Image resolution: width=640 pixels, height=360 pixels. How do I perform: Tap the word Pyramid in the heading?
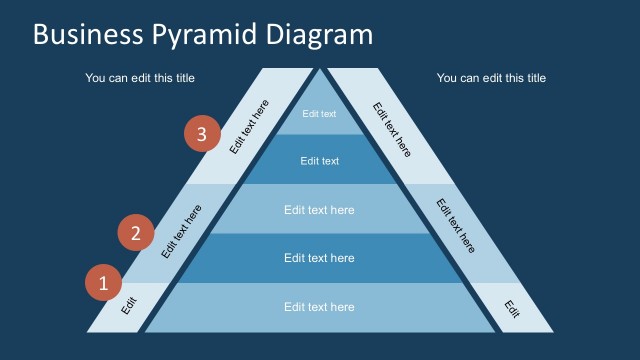(x=206, y=36)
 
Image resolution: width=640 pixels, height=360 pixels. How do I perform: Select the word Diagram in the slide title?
(x=319, y=36)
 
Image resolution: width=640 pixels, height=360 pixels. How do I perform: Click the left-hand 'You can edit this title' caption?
(x=140, y=78)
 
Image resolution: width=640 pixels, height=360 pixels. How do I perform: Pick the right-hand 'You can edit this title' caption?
(x=491, y=78)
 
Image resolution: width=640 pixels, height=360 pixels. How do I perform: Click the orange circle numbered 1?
(x=102, y=283)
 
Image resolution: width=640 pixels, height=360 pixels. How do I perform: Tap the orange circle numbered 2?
(x=136, y=233)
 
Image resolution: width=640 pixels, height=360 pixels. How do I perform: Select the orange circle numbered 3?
(x=202, y=134)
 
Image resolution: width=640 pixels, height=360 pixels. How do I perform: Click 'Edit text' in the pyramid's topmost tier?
(x=319, y=114)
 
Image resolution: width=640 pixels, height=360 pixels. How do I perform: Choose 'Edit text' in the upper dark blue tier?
(x=319, y=161)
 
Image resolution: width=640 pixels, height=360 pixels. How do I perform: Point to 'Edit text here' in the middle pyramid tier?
(x=319, y=210)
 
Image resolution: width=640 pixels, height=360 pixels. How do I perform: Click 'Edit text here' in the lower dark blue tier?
(x=319, y=258)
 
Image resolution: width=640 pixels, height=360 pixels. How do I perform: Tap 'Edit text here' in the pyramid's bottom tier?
(x=319, y=307)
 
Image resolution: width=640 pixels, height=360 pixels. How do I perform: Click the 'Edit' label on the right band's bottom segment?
(x=512, y=308)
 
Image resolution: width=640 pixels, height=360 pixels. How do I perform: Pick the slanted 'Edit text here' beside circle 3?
(x=249, y=127)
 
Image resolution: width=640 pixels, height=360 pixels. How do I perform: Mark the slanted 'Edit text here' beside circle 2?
(x=181, y=232)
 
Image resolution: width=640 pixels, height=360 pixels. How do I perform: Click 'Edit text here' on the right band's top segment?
(x=391, y=129)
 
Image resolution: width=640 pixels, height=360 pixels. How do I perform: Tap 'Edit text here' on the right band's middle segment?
(x=456, y=226)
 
